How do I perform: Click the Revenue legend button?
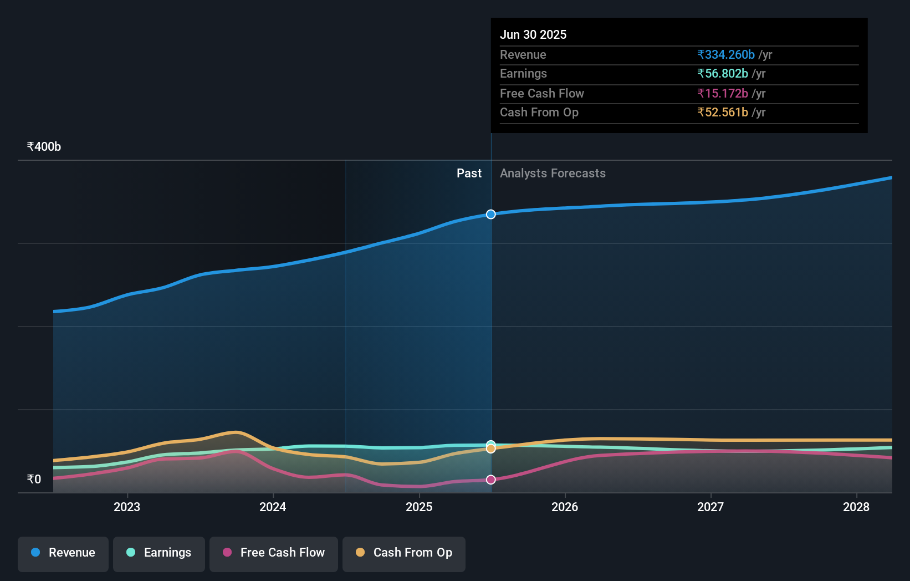pyautogui.click(x=63, y=553)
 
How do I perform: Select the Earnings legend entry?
pyautogui.click(x=159, y=553)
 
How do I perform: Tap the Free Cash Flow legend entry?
pyautogui.click(x=274, y=553)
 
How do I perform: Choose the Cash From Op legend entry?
pyautogui.click(x=404, y=553)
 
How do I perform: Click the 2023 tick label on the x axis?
pyautogui.click(x=127, y=507)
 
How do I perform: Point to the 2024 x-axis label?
pyautogui.click(x=273, y=507)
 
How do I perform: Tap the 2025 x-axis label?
pyautogui.click(x=419, y=507)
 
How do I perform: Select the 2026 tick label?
pyautogui.click(x=565, y=507)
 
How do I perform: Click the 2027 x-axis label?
pyautogui.click(x=710, y=507)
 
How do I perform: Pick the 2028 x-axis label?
pyautogui.click(x=856, y=507)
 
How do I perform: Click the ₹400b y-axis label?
pyautogui.click(x=44, y=147)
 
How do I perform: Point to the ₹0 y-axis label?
pyautogui.click(x=34, y=480)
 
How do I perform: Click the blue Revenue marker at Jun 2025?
pyautogui.click(x=491, y=215)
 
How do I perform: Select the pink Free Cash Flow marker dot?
pyautogui.click(x=491, y=480)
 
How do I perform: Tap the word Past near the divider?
pyautogui.click(x=469, y=174)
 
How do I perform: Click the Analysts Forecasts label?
pyautogui.click(x=553, y=174)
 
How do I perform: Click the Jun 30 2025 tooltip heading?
pyautogui.click(x=533, y=34)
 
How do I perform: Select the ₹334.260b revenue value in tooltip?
pyautogui.click(x=726, y=55)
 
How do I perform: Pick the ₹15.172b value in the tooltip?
pyautogui.click(x=723, y=94)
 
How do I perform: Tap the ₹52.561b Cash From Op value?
pyautogui.click(x=723, y=113)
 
